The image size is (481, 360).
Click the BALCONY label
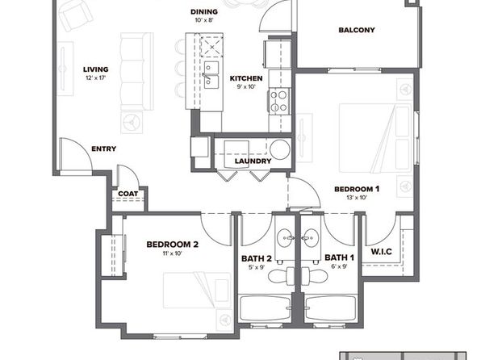[x=357, y=30]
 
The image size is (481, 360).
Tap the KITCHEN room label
[x=246, y=78]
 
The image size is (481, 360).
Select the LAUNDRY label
[x=253, y=161]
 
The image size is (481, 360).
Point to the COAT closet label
[x=128, y=194]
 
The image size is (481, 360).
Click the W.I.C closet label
[x=381, y=252]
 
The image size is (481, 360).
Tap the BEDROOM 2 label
[x=173, y=245]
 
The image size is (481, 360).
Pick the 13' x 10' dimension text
[x=357, y=198]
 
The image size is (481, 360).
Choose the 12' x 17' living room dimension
[x=96, y=78]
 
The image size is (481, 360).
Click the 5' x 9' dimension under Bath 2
[x=257, y=267]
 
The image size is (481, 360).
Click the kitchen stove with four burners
[x=280, y=101]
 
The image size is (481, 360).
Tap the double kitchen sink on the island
[x=211, y=75]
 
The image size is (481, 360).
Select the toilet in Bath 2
[x=282, y=275]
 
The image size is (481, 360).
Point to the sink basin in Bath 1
[x=310, y=238]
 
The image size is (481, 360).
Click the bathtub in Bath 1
[x=331, y=308]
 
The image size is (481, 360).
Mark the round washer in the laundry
[x=280, y=150]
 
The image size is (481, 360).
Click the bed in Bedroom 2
[x=197, y=290]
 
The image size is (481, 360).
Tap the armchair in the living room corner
[x=76, y=15]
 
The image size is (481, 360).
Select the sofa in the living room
[x=136, y=71]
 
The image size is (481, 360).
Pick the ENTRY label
[x=103, y=149]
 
